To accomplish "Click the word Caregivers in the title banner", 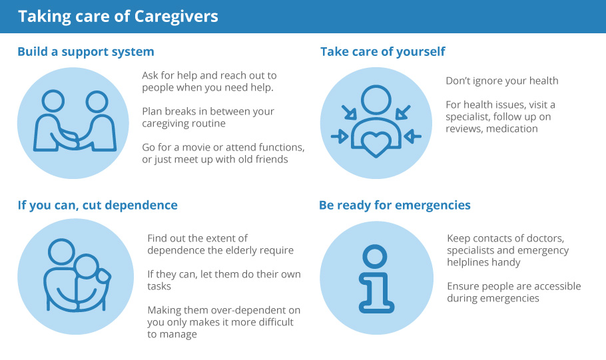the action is (x=176, y=17).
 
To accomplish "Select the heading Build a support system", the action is (x=86, y=52).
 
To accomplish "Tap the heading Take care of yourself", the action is (x=383, y=52).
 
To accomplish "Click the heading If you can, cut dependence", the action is (x=97, y=205).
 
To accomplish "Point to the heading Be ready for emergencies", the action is (x=395, y=205).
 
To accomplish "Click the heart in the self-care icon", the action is (x=376, y=144).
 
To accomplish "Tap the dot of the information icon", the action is (x=374, y=256).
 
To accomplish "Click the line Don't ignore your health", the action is (x=502, y=81).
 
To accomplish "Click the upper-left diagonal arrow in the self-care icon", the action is (x=349, y=112).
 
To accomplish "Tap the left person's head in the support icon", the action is (x=53, y=101).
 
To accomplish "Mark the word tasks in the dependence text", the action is (x=159, y=286).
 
